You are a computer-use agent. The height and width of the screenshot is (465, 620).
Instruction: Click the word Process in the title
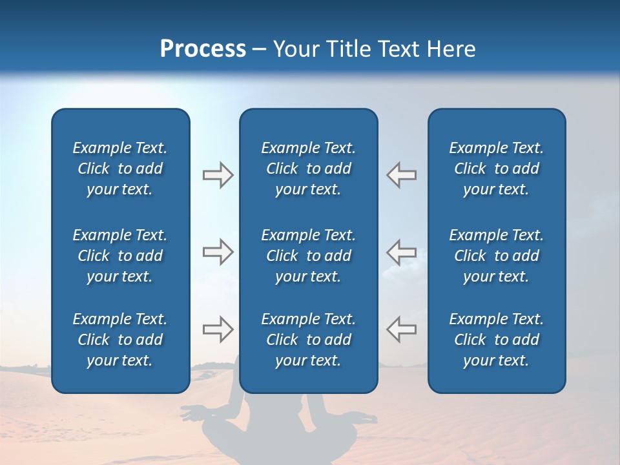[x=203, y=49]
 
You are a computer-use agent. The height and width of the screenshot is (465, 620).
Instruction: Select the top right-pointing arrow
[x=218, y=175]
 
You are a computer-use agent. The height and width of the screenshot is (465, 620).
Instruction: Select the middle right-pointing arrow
[x=218, y=252]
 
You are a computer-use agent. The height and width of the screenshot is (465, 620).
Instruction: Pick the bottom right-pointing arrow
[x=218, y=329]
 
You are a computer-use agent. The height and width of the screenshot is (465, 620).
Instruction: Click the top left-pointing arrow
[x=402, y=175]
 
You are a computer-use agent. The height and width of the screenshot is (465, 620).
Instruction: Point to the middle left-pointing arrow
[x=402, y=252]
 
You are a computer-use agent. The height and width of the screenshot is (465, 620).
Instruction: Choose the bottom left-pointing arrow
[x=402, y=329]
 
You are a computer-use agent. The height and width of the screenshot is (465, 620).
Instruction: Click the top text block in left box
[x=120, y=169]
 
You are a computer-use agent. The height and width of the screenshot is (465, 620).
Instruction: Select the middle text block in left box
[x=120, y=256]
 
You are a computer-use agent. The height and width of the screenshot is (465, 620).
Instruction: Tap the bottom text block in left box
[x=120, y=340]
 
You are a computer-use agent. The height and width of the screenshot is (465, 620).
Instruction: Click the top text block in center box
[x=309, y=169]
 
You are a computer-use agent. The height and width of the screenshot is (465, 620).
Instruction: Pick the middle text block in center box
[x=309, y=256]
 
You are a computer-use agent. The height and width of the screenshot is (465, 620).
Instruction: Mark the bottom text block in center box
[x=309, y=340]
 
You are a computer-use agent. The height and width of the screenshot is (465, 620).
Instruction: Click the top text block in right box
[x=497, y=169]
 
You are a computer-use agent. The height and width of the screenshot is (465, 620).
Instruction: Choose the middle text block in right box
[x=497, y=256]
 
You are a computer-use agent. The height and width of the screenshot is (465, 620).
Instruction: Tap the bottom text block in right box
[x=497, y=340]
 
